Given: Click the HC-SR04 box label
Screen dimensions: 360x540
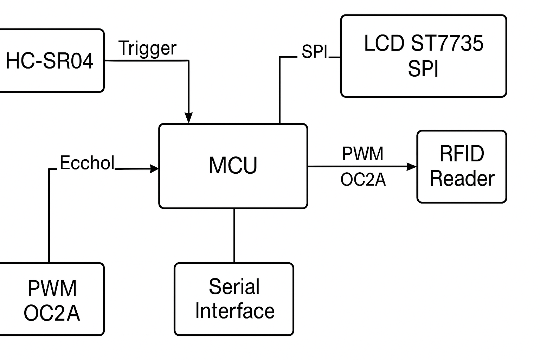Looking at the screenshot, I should pos(49,60).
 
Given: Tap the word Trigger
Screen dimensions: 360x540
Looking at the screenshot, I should pos(147,48).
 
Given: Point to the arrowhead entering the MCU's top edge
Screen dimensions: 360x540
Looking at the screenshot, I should pos(189,118).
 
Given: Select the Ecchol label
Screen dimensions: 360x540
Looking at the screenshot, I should pos(87,163).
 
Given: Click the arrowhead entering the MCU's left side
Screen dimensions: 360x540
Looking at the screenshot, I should pos(154,169).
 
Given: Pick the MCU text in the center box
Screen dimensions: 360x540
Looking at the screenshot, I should pos(233,165).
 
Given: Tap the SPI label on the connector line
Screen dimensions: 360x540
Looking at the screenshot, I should pos(314,52).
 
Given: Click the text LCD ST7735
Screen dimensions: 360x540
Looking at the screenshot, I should pos(423,43).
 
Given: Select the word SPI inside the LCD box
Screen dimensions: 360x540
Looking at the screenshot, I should pos(423,69).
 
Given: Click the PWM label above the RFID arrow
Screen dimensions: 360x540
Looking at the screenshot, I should pos(362,154).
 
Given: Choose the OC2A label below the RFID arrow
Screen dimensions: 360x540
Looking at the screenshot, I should pos(363,180).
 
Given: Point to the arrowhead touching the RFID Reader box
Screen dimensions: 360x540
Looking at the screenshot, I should pos(412,166).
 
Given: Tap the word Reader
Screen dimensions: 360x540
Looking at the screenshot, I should pos(462,179).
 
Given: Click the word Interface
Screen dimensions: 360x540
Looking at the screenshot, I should pos(234,311).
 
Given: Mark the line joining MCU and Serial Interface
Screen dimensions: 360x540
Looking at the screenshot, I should pos(234,236).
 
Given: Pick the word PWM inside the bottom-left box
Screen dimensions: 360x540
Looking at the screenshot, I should pos(52,288).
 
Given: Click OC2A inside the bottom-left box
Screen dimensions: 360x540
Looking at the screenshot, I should pos(52,313).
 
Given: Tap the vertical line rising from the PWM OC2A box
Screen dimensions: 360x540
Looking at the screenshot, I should pos(49,218).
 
